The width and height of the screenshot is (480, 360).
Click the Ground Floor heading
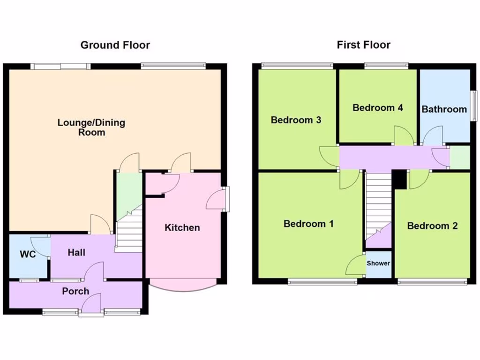[x=115, y=45]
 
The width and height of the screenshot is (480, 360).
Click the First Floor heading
[x=363, y=45]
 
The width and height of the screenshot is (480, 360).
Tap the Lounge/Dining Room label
[x=85, y=127]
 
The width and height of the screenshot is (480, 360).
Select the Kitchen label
[x=182, y=228]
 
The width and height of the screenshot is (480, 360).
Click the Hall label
[x=76, y=253]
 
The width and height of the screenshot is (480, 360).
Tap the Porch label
[x=75, y=291]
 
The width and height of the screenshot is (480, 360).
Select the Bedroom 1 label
[x=308, y=224]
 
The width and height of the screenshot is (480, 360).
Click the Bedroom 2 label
[x=432, y=226]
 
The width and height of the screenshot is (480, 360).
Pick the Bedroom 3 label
[x=296, y=120]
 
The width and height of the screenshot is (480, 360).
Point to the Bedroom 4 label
[x=377, y=108]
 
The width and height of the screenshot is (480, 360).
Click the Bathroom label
[x=444, y=109]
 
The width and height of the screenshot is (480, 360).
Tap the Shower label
[x=378, y=263]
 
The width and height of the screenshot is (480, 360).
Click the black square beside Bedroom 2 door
[x=399, y=180]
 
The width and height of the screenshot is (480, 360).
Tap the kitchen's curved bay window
[x=183, y=285]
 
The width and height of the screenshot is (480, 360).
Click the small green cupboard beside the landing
[x=459, y=157]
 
